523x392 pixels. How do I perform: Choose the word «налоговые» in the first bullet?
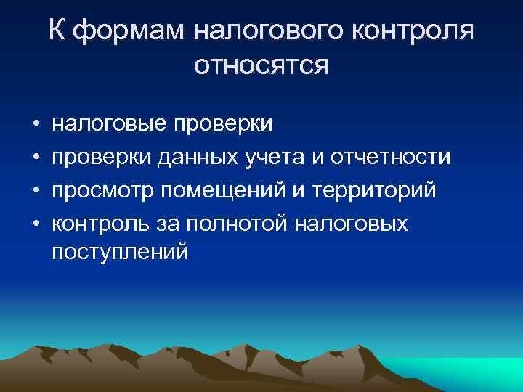pyautogui.click(x=109, y=124)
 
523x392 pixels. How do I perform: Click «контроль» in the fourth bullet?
pyautogui.click(x=102, y=224)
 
